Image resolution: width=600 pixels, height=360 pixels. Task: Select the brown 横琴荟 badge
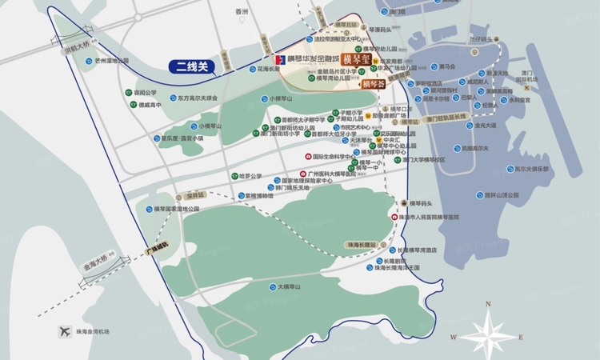click(x=373, y=83)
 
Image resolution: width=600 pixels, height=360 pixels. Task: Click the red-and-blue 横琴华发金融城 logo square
click(x=279, y=59)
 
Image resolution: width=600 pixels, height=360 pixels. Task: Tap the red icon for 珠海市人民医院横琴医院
click(x=394, y=217)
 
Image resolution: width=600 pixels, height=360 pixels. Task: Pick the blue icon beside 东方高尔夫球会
click(x=158, y=98)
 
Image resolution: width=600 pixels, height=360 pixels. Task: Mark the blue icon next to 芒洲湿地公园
click(x=88, y=60)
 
